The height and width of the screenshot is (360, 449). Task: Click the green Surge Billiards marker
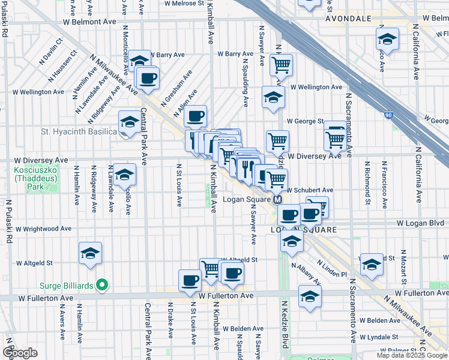point(102,285)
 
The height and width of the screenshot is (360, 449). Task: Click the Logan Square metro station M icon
point(278,200)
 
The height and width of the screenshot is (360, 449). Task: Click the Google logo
point(20,352)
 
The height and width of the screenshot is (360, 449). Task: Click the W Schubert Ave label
point(311,190)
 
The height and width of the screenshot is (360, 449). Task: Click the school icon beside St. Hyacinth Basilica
point(129,122)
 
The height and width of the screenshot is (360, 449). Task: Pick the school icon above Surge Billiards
point(91,254)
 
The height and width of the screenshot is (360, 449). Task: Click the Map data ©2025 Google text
point(412,355)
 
